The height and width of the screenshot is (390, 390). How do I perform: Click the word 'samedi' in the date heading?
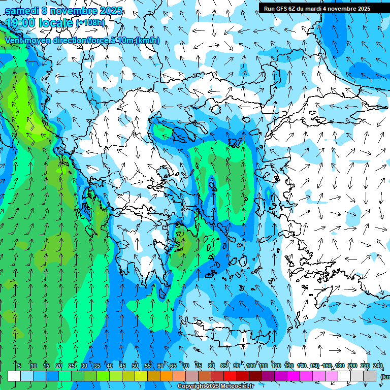point(22,11)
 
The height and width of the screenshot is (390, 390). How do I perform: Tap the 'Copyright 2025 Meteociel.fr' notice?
point(216,386)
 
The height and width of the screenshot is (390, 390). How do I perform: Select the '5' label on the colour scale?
point(19,366)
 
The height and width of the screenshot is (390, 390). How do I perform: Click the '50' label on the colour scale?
point(135,366)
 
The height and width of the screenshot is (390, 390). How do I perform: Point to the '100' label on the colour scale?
point(250,366)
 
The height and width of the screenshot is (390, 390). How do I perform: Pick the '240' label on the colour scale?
point(377,366)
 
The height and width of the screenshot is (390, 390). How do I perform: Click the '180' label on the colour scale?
point(339,366)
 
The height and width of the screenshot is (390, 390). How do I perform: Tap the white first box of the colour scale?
point(14,376)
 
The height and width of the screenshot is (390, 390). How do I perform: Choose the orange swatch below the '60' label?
point(154,376)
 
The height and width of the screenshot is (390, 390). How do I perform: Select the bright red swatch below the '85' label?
point(230,376)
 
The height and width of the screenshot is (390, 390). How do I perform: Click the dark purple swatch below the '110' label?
point(268,376)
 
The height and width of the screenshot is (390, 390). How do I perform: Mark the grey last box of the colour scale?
point(370,376)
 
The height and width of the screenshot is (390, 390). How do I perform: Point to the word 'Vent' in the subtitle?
point(15,40)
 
